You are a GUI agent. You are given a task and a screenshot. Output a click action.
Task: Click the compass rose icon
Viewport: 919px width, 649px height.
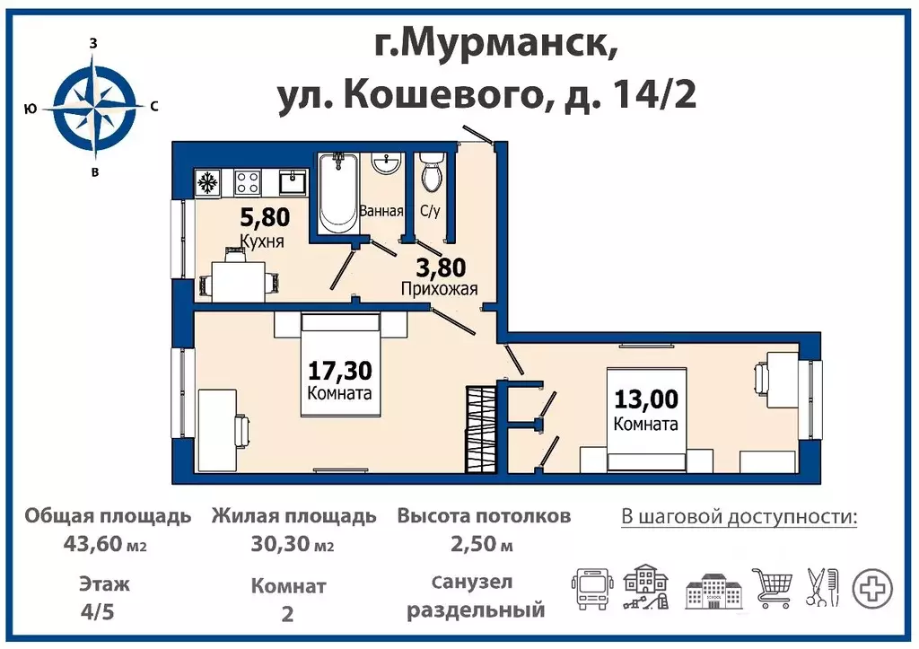(94, 107)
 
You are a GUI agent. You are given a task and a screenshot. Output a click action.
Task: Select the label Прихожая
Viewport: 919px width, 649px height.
(438, 288)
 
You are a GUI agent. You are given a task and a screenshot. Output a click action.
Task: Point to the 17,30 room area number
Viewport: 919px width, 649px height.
(339, 370)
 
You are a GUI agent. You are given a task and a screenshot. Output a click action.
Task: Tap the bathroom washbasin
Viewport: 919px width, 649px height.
(387, 164)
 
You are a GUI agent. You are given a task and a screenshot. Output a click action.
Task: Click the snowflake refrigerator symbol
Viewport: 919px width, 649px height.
(208, 183)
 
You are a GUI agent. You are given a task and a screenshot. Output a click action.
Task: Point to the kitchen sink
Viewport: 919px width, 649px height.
(292, 183)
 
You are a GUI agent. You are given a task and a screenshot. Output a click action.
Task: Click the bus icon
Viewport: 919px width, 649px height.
(591, 588)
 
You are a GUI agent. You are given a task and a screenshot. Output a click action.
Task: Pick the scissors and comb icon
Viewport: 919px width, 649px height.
(821, 588)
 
